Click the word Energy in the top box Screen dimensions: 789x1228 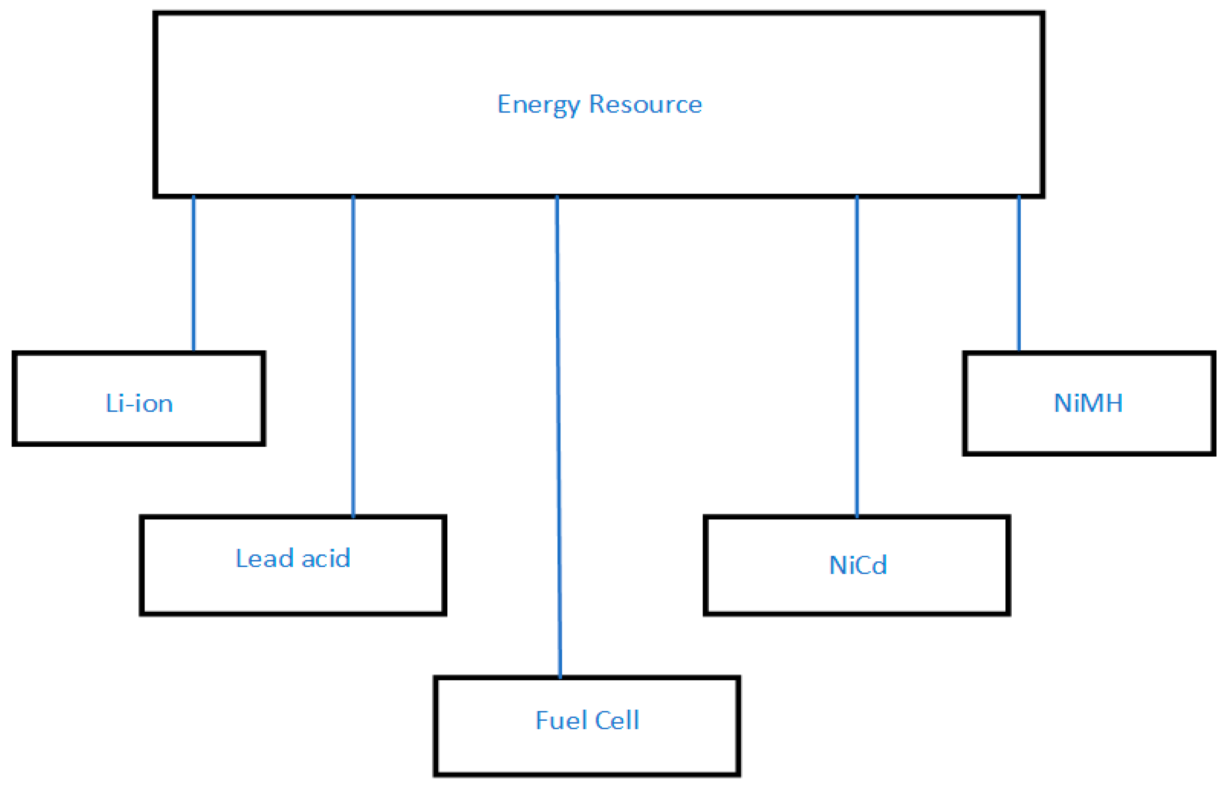(538, 105)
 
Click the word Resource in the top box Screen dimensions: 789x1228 (645, 105)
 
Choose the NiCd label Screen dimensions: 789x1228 (858, 566)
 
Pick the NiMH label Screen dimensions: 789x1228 (1088, 403)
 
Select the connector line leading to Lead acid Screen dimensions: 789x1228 (353, 359)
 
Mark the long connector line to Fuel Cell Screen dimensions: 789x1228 (558, 435)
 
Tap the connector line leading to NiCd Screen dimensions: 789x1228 (857, 359)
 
